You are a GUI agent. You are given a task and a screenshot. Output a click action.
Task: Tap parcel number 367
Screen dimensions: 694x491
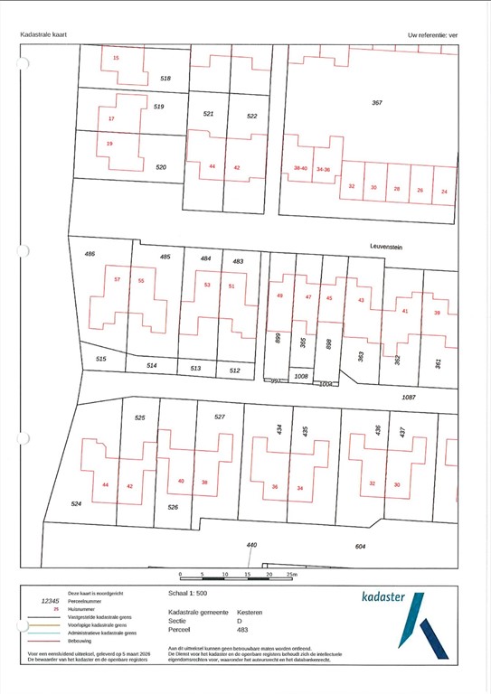pyautogui.click(x=377, y=103)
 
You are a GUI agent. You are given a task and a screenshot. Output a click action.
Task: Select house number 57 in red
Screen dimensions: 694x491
pyautogui.click(x=118, y=280)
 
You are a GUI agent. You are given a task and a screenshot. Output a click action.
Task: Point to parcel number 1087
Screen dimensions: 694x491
pyautogui.click(x=408, y=397)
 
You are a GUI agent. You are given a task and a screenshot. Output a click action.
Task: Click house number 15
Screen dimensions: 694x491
pyautogui.click(x=116, y=58)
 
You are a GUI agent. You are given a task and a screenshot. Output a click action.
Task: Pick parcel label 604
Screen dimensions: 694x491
pyautogui.click(x=360, y=547)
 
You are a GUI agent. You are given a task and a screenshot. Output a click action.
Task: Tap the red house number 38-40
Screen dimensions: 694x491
pyautogui.click(x=300, y=168)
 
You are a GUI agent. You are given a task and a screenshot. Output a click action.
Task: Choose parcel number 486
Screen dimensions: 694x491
pyautogui.click(x=90, y=254)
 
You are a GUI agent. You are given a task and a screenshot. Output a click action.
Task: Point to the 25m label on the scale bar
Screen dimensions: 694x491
pyautogui.click(x=291, y=575)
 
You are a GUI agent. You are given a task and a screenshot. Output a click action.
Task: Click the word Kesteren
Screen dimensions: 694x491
pyautogui.click(x=250, y=612)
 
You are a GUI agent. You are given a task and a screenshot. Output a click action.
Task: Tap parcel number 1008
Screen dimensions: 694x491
pyautogui.click(x=301, y=375)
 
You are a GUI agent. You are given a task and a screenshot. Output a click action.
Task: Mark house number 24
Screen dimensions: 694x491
pyautogui.click(x=444, y=191)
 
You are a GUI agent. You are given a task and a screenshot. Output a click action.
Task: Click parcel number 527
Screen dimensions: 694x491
pyautogui.click(x=219, y=417)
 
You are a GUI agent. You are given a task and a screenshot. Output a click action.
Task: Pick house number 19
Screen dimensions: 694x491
pyautogui.click(x=109, y=144)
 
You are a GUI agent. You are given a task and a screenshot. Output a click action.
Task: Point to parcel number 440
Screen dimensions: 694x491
pyautogui.click(x=251, y=545)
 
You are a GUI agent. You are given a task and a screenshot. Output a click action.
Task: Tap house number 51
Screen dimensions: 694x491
pyautogui.click(x=231, y=286)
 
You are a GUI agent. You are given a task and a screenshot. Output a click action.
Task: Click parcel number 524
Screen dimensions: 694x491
pyautogui.click(x=78, y=503)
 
